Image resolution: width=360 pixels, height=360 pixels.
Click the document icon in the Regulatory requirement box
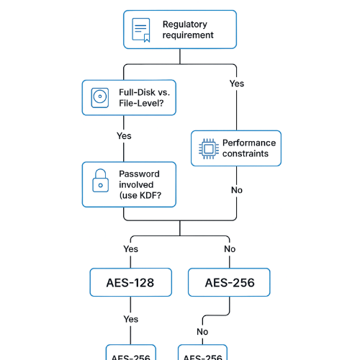(142, 30)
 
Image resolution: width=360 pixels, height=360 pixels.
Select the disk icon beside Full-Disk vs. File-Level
(99, 97)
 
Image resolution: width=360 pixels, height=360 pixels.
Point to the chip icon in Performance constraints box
(207, 148)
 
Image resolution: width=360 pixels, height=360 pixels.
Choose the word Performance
(248, 143)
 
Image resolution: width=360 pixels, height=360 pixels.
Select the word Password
(139, 174)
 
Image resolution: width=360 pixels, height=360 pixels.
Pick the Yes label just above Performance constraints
(236, 84)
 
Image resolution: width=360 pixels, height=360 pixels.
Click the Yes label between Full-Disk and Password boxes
(124, 135)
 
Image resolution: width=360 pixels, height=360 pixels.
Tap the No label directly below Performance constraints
(236, 190)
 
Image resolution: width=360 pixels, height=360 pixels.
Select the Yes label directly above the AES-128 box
(130, 249)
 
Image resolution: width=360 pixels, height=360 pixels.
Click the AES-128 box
(131, 282)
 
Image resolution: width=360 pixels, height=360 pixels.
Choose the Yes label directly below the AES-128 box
(130, 319)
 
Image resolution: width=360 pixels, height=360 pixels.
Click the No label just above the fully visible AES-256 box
(230, 249)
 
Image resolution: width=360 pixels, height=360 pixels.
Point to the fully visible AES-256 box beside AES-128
(229, 282)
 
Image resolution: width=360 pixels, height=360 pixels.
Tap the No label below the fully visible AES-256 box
(202, 332)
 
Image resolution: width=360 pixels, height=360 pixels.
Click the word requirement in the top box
(188, 35)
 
